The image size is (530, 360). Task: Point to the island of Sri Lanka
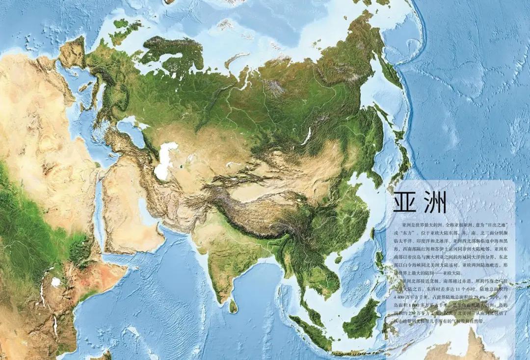[234, 306]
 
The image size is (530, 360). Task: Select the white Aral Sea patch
[165, 161]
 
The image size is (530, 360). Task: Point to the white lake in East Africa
[56, 282]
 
